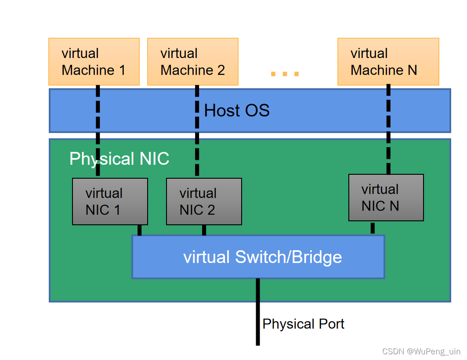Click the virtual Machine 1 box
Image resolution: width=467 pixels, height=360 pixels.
94,61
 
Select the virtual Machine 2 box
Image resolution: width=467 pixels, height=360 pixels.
192,61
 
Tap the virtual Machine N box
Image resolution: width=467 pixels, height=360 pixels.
388,61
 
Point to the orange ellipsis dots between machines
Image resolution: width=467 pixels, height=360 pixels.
285,74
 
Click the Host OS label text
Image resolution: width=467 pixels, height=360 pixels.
237,111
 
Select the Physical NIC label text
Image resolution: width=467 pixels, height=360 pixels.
119,159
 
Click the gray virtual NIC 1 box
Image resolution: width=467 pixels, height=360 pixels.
110,202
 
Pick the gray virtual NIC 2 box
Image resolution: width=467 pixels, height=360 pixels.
204,202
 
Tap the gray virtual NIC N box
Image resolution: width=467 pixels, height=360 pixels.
386,198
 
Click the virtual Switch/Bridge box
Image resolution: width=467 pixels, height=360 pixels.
258,257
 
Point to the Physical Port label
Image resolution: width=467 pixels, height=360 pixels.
303,324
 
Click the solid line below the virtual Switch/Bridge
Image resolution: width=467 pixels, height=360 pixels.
258,312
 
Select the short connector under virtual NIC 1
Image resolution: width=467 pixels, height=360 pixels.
140,230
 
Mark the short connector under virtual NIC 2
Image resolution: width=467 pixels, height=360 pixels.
204,230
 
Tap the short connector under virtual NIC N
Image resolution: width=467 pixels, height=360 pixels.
373,228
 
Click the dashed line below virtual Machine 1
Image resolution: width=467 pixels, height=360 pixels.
98,132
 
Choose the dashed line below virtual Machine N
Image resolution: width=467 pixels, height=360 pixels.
388,132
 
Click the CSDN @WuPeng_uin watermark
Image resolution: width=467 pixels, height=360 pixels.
421,351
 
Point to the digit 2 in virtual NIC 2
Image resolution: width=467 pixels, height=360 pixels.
211,210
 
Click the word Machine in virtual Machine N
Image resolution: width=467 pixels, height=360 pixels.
377,70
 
